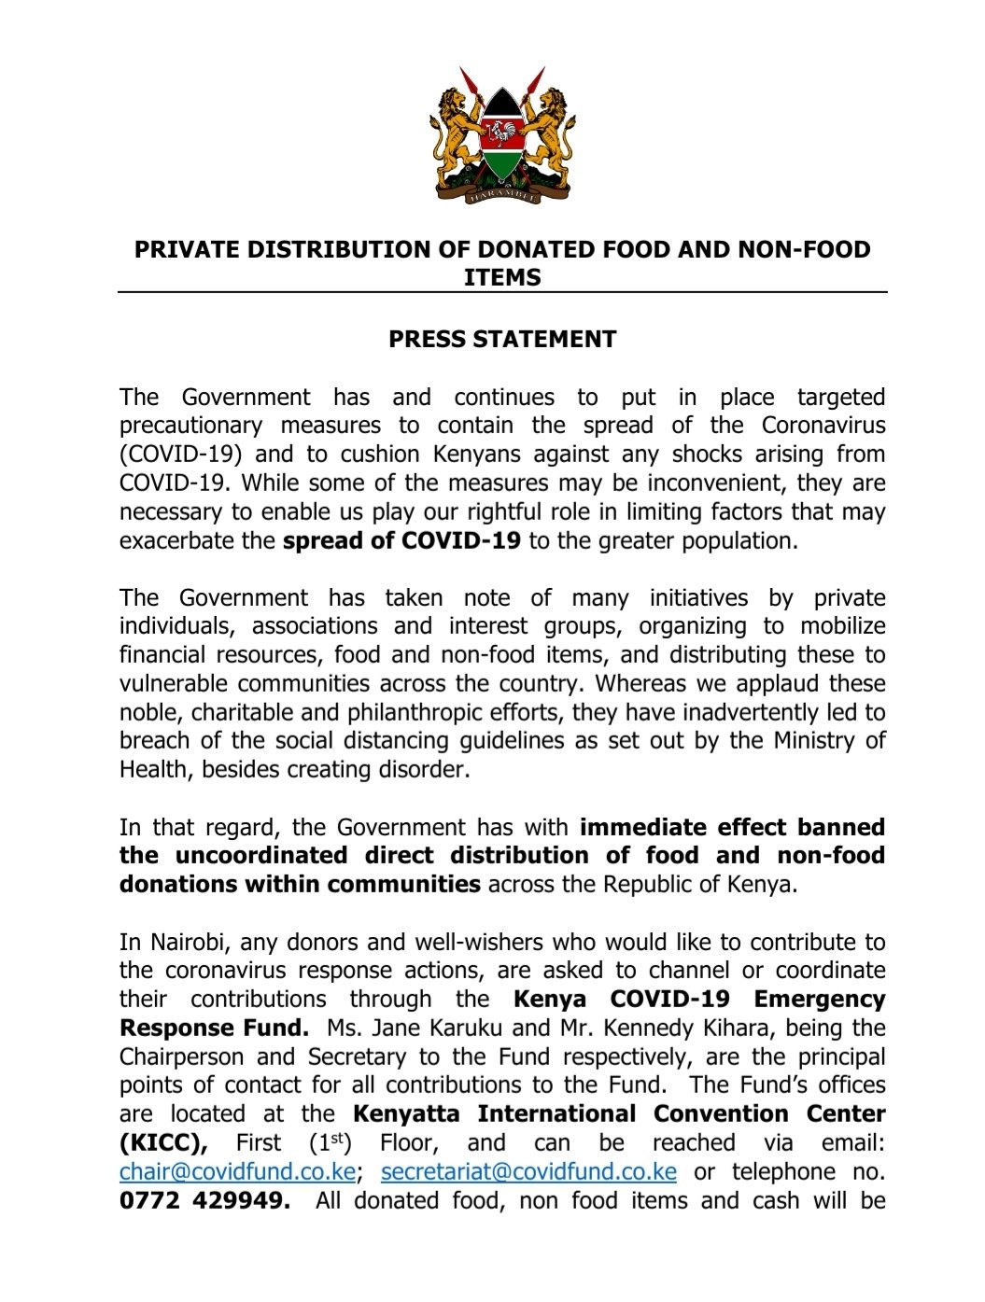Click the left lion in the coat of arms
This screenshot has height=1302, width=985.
(x=453, y=135)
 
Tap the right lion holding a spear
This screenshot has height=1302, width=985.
(x=551, y=135)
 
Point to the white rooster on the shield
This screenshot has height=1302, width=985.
(x=502, y=132)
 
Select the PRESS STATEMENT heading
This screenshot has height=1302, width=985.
(x=502, y=339)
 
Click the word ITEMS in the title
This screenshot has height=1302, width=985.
(x=502, y=277)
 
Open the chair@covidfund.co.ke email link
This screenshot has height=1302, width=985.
(x=237, y=1171)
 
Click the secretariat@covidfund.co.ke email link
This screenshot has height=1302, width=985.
(x=528, y=1171)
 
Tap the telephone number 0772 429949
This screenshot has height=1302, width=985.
(x=204, y=1200)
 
